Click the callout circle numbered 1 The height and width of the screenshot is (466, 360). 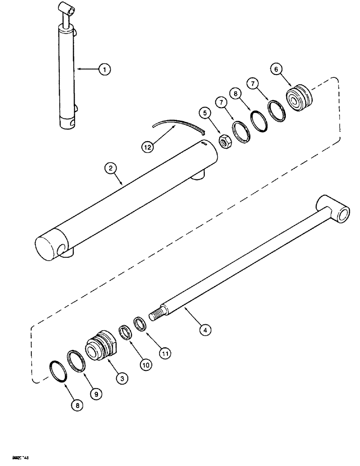(105, 70)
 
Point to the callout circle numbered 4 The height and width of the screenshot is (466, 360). (204, 329)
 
